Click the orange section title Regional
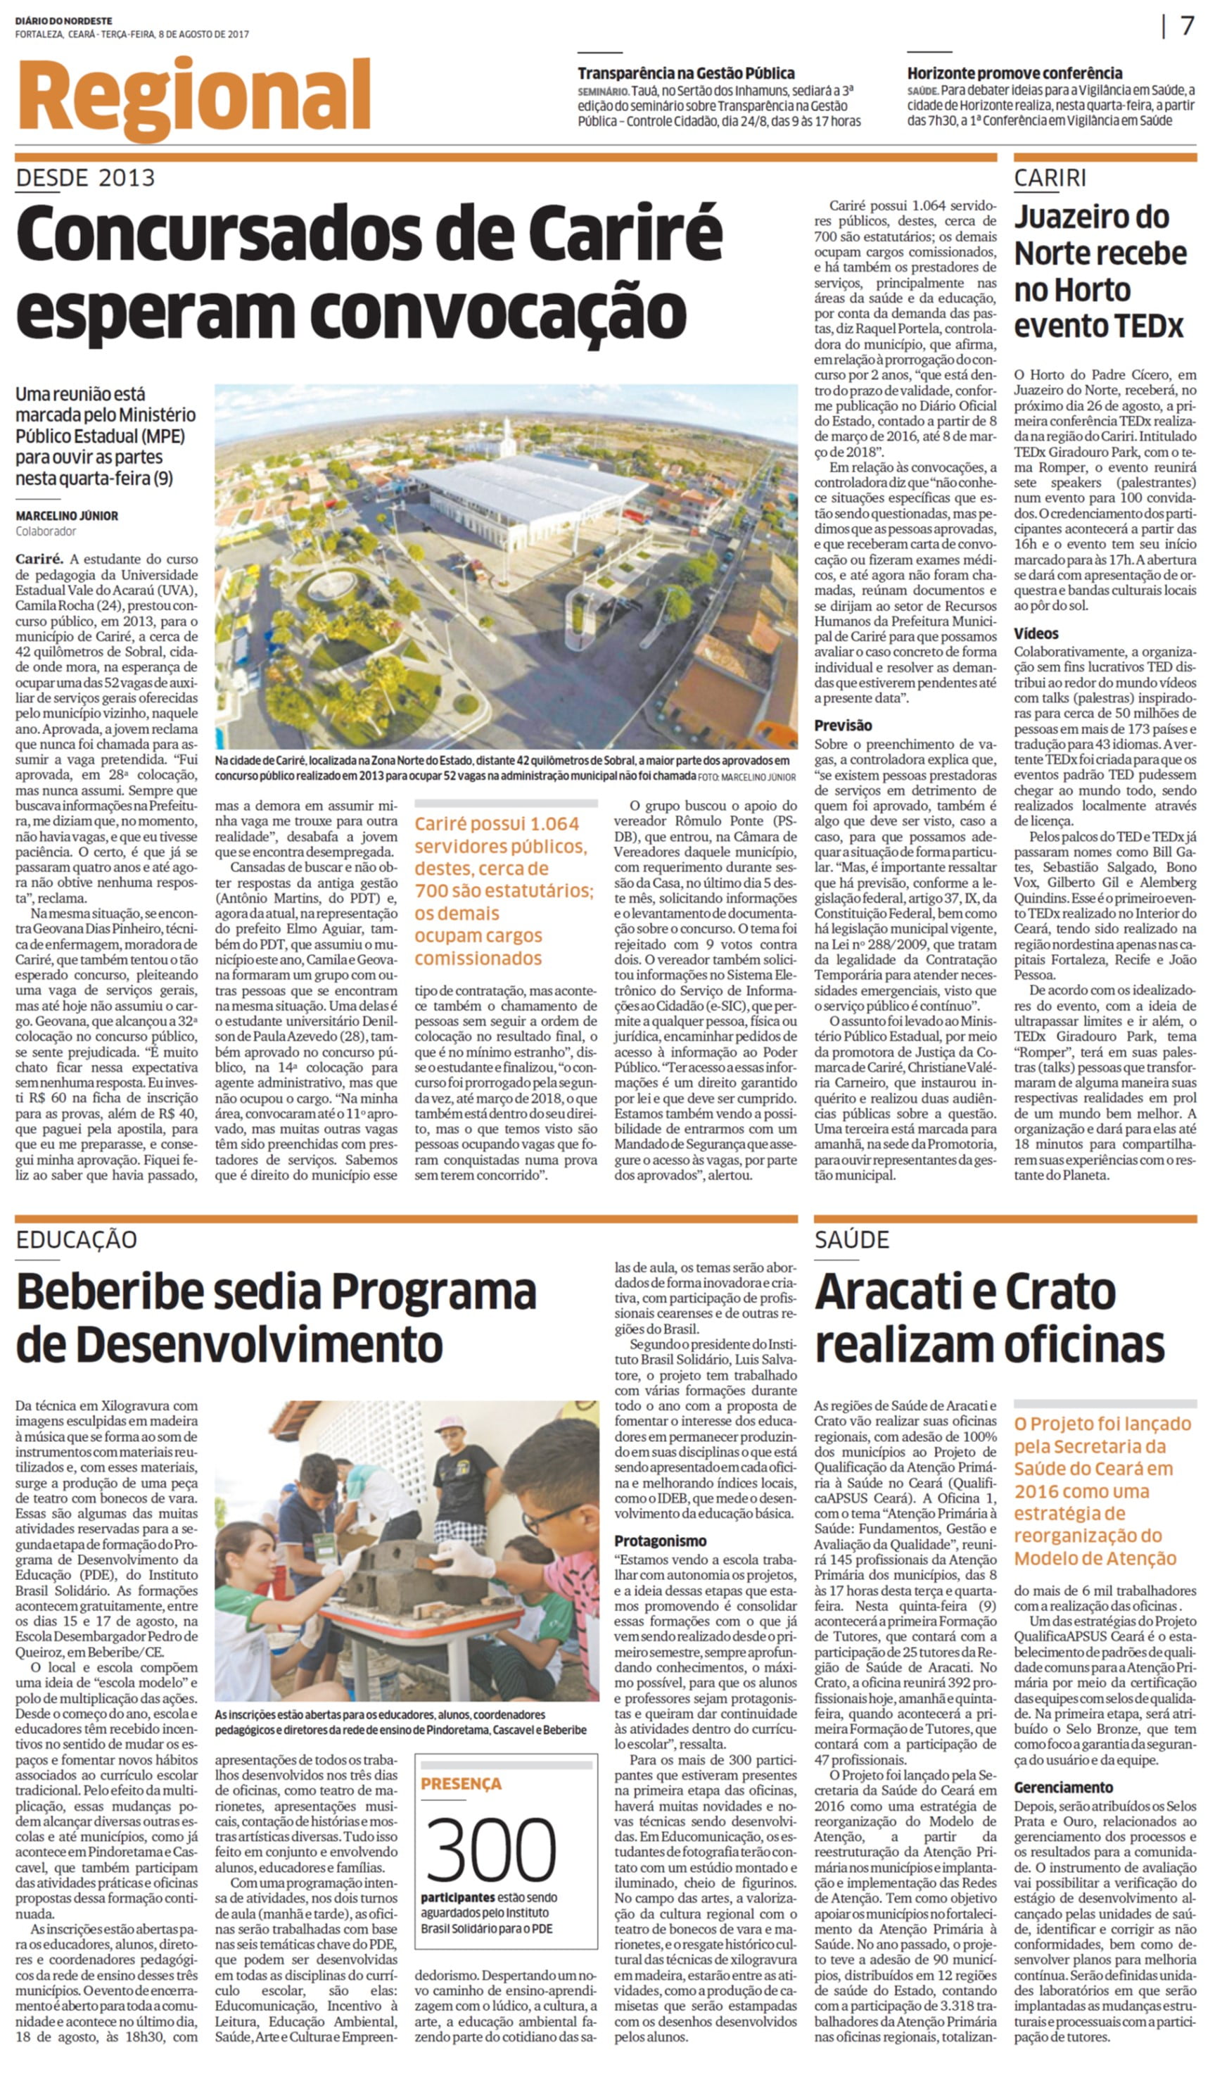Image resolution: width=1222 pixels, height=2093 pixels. [x=193, y=98]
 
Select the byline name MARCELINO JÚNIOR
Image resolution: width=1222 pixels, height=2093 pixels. [x=66, y=516]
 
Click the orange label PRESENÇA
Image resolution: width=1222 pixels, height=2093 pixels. [x=461, y=1784]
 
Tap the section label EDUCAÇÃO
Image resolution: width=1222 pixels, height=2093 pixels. [x=77, y=1240]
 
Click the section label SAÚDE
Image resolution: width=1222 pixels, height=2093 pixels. [x=852, y=1240]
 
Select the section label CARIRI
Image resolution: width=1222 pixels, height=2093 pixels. [x=1050, y=178]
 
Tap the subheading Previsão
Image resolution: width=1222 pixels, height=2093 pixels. [x=843, y=725]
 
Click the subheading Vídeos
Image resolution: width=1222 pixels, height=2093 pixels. [x=1036, y=633]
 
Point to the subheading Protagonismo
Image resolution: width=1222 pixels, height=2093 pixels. [x=661, y=1541]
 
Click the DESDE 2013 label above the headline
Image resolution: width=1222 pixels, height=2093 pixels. [x=86, y=178]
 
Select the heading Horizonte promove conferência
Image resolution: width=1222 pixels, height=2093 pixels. [x=1014, y=73]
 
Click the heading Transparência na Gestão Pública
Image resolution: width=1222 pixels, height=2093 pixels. [x=686, y=73]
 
